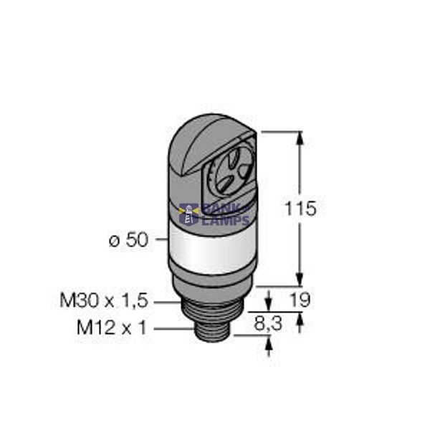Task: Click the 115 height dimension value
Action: [x=300, y=209]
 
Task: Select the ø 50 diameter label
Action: [x=128, y=241]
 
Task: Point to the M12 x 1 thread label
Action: [x=111, y=328]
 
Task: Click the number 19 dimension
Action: [x=300, y=300]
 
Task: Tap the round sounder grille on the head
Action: [x=236, y=172]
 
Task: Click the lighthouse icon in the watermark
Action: [x=190, y=214]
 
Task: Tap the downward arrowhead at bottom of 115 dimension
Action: [x=300, y=280]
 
